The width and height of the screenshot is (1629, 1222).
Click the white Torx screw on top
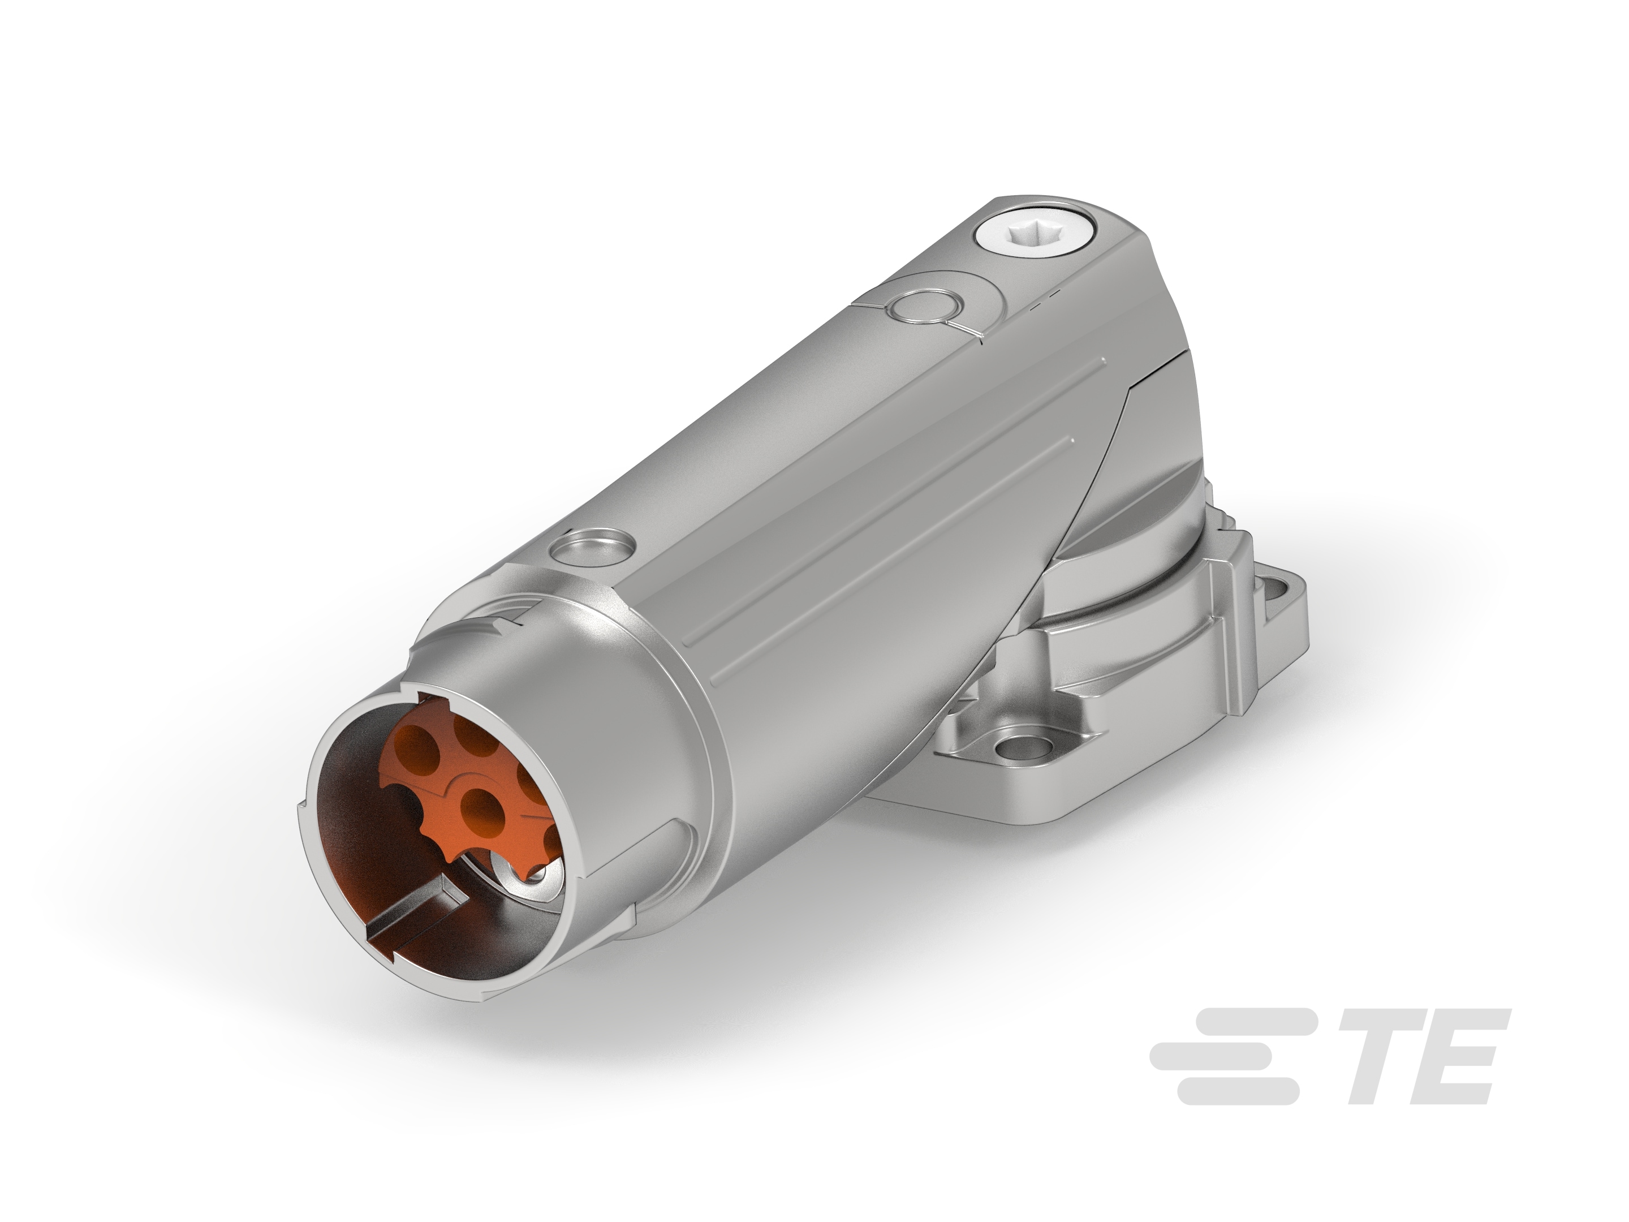1034,239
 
